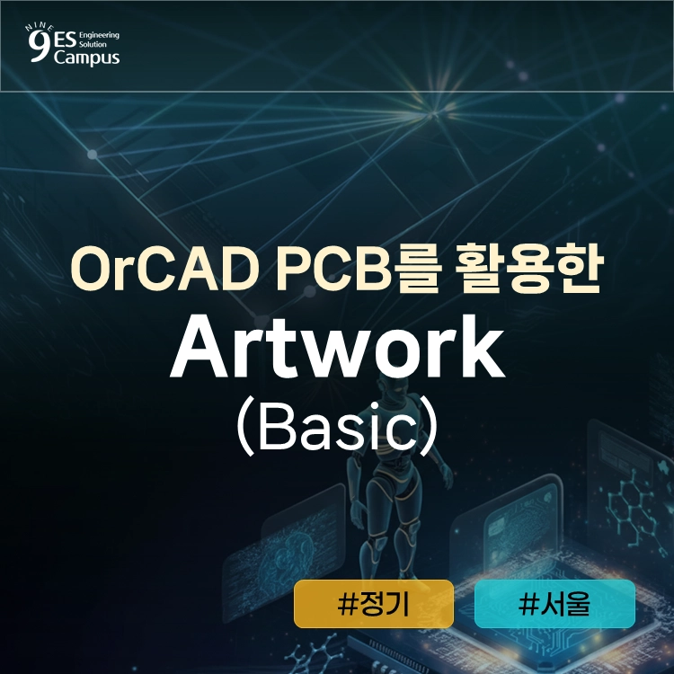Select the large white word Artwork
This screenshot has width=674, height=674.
[338, 347]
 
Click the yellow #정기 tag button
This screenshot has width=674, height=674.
[374, 604]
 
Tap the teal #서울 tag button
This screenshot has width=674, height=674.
[554, 604]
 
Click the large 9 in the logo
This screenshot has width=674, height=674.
[39, 46]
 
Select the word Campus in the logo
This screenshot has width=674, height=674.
[87, 58]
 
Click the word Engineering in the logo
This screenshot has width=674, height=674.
[99, 35]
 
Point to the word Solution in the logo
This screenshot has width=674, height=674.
[93, 44]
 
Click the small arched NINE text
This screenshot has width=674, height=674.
[40, 28]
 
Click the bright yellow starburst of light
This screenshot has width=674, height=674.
[433, 114]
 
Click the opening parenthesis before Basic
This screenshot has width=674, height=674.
[245, 427]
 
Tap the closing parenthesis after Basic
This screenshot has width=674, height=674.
[430, 427]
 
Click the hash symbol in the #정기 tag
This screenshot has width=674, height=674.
[348, 605]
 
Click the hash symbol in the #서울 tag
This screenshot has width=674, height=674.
[528, 605]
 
